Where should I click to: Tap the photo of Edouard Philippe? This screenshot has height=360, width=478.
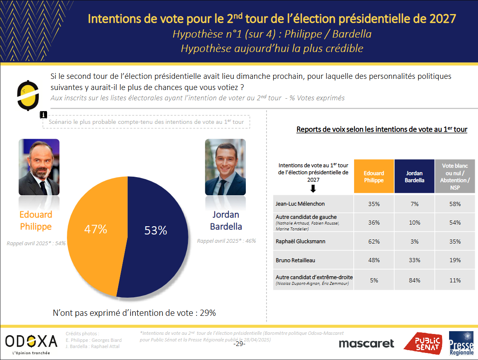tap(39, 167)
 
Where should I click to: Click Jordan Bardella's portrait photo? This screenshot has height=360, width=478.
tap(225, 167)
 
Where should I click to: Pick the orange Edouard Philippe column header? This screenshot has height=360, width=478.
tap(373, 177)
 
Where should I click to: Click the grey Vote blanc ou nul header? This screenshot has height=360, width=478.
tap(455, 177)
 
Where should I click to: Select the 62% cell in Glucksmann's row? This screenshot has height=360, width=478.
tap(373, 242)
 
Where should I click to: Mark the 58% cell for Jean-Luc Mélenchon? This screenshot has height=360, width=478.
tap(455, 204)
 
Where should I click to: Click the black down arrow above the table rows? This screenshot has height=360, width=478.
tap(313, 189)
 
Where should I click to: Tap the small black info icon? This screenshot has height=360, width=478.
tap(43, 115)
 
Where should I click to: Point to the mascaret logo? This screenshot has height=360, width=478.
tap(366, 343)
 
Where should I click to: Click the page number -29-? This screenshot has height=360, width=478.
tap(239, 344)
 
